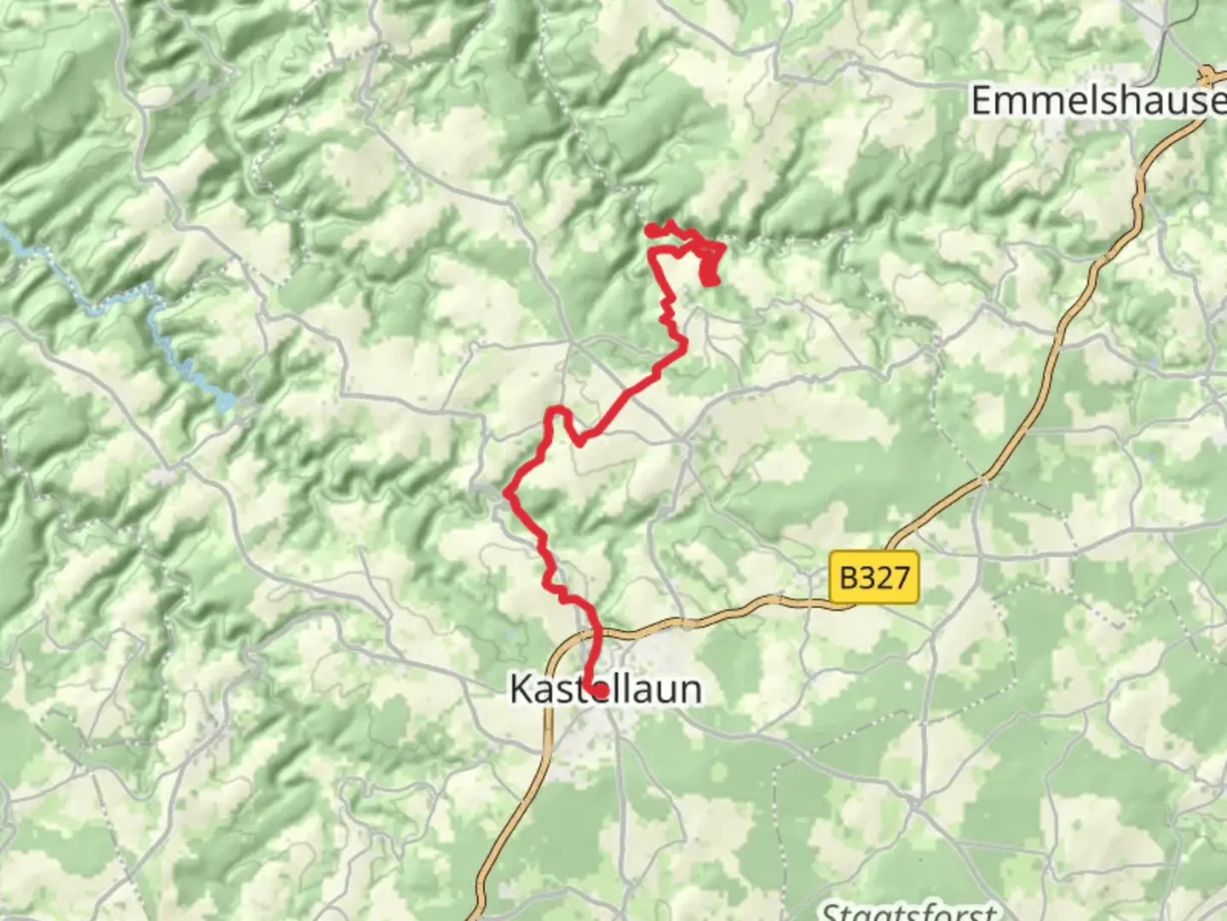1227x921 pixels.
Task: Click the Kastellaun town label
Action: (606, 689)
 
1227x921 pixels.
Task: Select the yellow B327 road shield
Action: (874, 578)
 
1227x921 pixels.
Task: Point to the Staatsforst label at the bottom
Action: (908, 911)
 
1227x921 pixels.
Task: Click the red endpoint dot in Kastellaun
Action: (600, 689)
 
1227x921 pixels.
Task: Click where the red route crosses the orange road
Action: (597, 633)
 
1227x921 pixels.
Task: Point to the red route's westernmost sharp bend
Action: (509, 492)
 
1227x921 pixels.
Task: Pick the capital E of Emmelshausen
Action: (982, 101)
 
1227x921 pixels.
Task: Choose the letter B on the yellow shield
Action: (849, 578)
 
